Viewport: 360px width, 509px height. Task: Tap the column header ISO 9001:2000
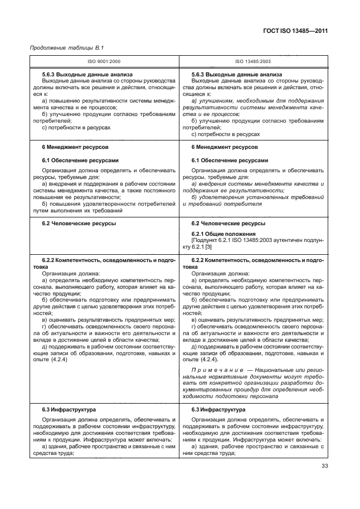click(x=105, y=61)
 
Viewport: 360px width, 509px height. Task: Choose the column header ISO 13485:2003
click(x=253, y=61)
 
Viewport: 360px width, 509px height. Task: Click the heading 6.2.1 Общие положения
click(x=223, y=234)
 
